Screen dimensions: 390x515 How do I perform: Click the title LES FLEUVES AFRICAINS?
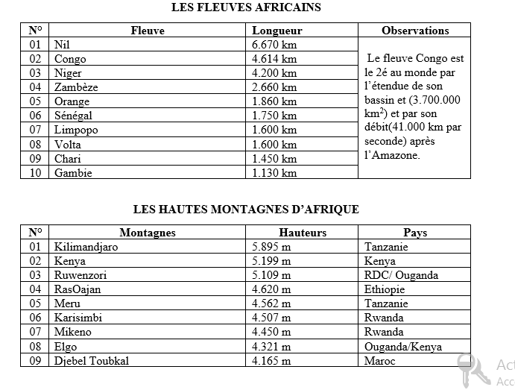pyautogui.click(x=246, y=7)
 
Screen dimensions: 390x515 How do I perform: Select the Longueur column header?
pyautogui.click(x=277, y=31)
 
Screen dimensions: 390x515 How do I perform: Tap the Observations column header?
pyautogui.click(x=415, y=31)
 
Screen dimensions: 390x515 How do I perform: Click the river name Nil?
pyautogui.click(x=63, y=45)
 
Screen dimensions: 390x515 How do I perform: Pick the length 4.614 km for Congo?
pyautogui.click(x=274, y=59)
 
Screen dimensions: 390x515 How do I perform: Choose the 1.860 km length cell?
pyautogui.click(x=274, y=101)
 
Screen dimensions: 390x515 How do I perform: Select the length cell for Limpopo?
pyautogui.click(x=274, y=130)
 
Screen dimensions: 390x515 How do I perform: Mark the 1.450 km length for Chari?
pyautogui.click(x=274, y=159)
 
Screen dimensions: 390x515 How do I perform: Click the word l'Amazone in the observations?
pyautogui.click(x=394, y=156)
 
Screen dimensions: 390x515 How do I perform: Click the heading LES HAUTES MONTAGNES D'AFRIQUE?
pyautogui.click(x=246, y=210)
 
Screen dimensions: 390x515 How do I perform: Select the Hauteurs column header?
pyautogui.click(x=303, y=233)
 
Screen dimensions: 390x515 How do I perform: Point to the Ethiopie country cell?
pyautogui.click(x=385, y=289)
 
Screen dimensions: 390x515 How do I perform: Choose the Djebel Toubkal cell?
pyautogui.click(x=92, y=361)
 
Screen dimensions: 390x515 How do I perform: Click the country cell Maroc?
pyautogui.click(x=380, y=361)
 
